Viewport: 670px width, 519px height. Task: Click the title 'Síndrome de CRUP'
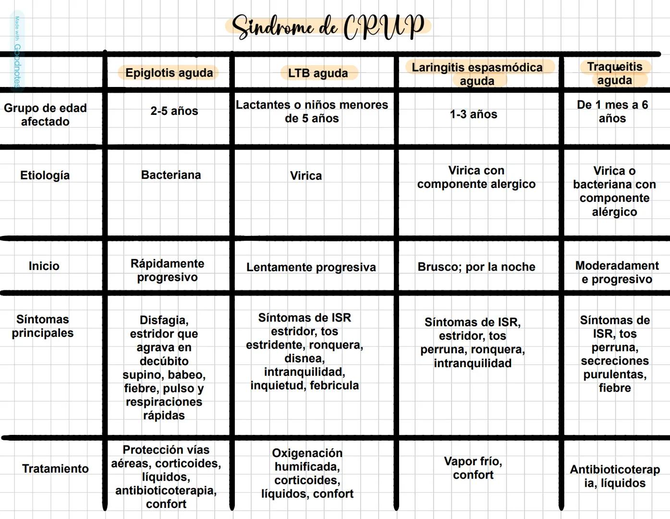tap(328, 26)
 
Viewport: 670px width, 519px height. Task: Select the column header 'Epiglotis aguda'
tap(169, 73)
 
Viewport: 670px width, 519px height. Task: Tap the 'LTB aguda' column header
tap(318, 73)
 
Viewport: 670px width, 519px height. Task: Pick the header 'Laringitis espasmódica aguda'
tap(477, 74)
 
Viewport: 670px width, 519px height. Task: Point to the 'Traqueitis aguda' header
tap(614, 73)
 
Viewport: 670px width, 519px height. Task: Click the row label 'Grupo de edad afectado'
tap(45, 114)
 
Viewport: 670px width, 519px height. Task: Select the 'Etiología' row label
tap(45, 175)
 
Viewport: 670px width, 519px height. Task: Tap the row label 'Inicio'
tap(44, 266)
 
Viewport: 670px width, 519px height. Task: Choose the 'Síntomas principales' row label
tap(43, 326)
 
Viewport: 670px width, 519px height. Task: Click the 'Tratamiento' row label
tap(55, 469)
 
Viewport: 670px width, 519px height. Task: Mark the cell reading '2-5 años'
tap(174, 111)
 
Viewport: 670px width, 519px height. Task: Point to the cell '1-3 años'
tap(473, 114)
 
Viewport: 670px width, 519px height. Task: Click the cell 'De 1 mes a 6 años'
tap(612, 111)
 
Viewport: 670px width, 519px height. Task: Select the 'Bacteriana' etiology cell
tap(171, 175)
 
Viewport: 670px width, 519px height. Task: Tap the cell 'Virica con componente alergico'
tap(476, 177)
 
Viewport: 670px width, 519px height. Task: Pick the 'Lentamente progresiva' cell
tap(311, 267)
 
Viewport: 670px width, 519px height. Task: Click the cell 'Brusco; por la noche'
tap(476, 267)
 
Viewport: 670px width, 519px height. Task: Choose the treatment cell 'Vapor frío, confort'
tap(473, 468)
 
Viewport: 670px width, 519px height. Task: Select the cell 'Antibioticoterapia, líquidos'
tap(615, 476)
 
